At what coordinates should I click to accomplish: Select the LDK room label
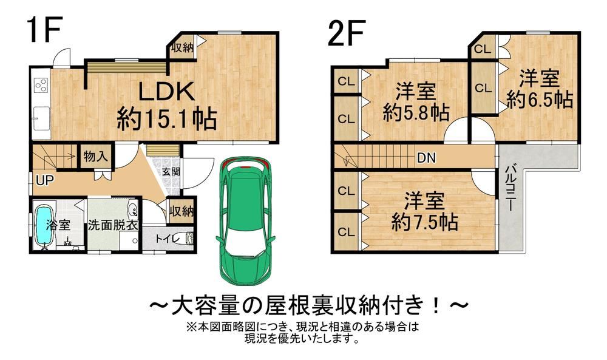pos(166,92)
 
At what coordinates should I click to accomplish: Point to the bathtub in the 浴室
pos(44,225)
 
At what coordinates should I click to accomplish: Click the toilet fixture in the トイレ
pos(186,238)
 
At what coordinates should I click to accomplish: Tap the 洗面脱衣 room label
pos(113,225)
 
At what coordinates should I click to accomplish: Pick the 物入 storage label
pos(95,157)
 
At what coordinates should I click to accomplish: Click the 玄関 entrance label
pos(171,171)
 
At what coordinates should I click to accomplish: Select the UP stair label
pos(44,180)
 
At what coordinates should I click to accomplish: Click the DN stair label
pos(426,158)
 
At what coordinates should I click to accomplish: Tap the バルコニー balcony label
pos(510,188)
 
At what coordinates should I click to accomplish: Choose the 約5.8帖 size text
pos(416,112)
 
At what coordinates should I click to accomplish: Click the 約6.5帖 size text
pos(540,100)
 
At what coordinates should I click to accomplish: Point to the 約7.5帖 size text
pos(425,222)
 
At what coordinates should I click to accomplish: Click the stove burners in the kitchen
pos(41,85)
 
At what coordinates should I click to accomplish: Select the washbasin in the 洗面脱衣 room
pos(133,209)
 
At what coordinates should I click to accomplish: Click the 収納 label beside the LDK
pos(182,47)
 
